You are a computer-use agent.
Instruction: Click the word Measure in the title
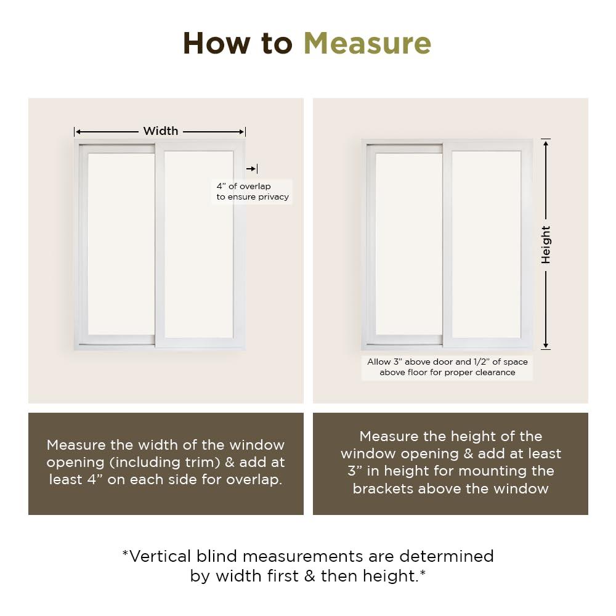coord(367,44)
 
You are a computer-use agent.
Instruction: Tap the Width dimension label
coord(160,131)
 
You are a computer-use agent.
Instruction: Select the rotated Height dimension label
coord(546,245)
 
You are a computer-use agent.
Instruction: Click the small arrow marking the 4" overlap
coord(251,169)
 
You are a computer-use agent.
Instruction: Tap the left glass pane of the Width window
coord(121,244)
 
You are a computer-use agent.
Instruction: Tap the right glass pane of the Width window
coord(198,244)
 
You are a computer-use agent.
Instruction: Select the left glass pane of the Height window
coord(408,244)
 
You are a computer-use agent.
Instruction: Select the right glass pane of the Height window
coord(486,244)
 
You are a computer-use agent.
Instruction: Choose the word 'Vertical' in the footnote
coord(160,556)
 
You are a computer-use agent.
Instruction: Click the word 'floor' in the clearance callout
coord(418,372)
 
